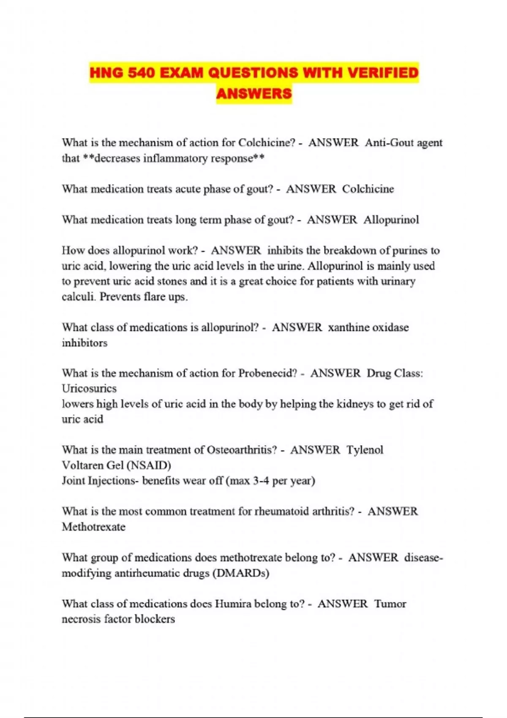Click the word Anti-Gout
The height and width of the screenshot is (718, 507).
click(389, 143)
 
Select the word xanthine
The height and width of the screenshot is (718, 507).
click(347, 327)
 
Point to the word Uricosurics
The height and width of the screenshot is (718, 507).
click(89, 389)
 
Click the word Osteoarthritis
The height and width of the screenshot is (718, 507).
click(242, 450)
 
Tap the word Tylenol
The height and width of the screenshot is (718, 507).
click(365, 450)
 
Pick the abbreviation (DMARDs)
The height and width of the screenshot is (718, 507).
click(241, 573)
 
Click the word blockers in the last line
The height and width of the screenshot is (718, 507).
click(154, 619)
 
